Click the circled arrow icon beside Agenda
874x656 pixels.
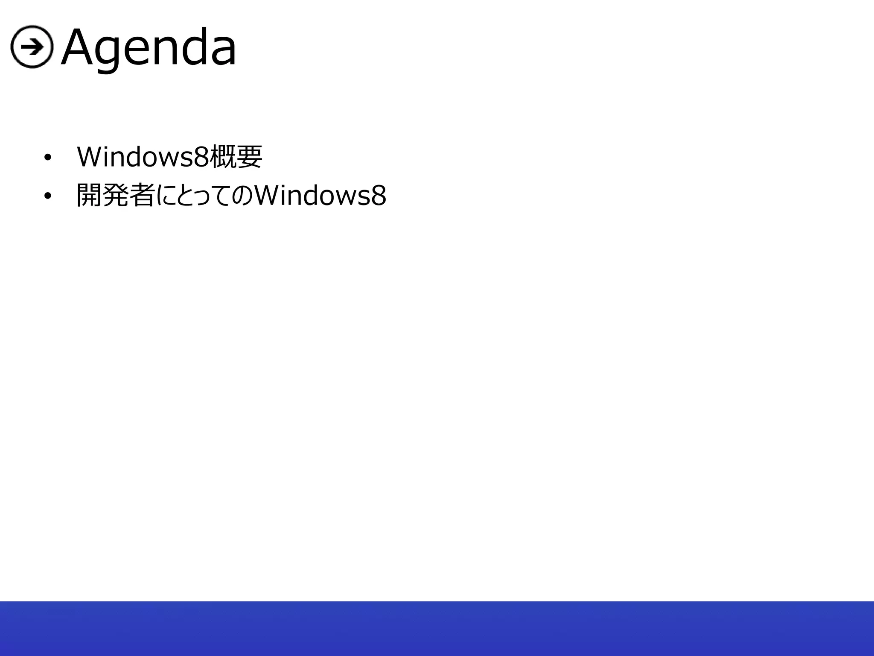[32, 47]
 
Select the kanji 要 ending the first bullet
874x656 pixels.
[249, 157]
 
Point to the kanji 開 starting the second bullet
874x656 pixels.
[89, 196]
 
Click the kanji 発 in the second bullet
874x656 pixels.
[115, 196]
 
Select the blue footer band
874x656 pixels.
[437, 628]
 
